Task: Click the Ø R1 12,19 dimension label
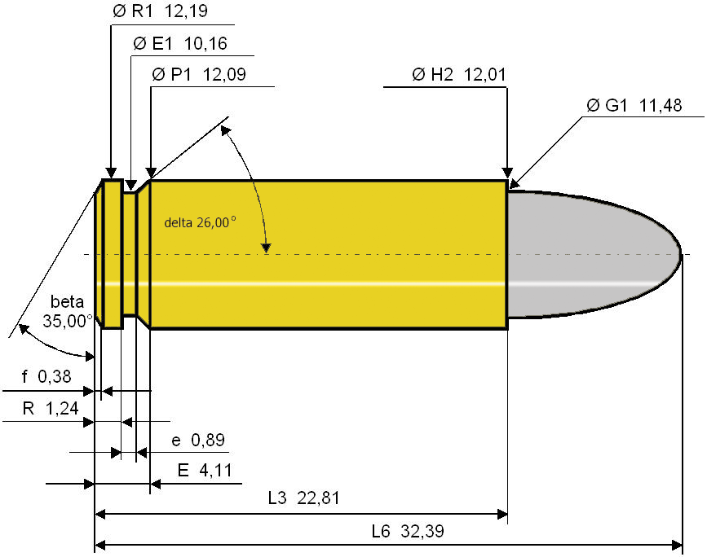(x=160, y=11)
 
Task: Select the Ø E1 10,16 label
(x=180, y=44)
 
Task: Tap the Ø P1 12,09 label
(x=199, y=74)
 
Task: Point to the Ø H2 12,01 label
(x=459, y=74)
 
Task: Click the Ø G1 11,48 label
(x=634, y=105)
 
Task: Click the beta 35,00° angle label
(x=67, y=311)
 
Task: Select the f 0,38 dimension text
(x=46, y=376)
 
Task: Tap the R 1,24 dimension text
(x=51, y=409)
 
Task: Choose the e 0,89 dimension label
(x=198, y=440)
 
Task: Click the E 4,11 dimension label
(x=205, y=471)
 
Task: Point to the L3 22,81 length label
(x=303, y=498)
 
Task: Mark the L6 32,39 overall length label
(x=408, y=531)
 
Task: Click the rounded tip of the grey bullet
(x=679, y=254)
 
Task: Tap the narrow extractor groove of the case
(x=130, y=254)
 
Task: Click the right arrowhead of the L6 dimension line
(x=678, y=546)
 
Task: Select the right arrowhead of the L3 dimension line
(x=502, y=514)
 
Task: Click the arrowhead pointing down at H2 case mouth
(x=507, y=173)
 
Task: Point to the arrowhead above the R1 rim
(x=111, y=173)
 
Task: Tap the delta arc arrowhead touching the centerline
(x=267, y=248)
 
